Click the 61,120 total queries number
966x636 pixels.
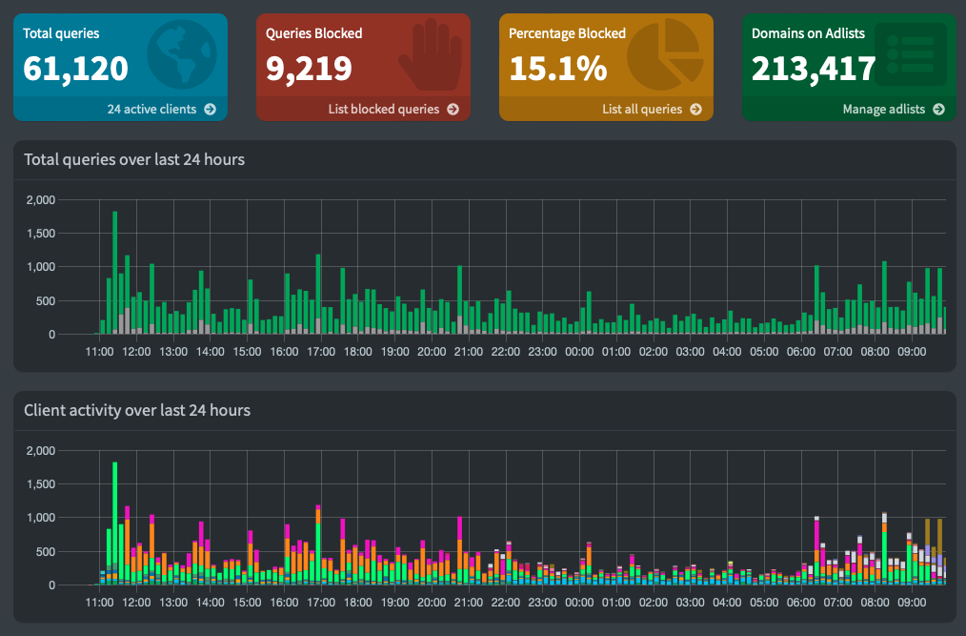click(76, 69)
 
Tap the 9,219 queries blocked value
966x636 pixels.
click(309, 69)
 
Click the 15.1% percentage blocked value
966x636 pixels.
click(557, 69)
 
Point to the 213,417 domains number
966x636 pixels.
click(813, 69)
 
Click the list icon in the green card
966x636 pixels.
click(912, 55)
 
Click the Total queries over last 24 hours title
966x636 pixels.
click(134, 160)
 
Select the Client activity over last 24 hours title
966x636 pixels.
click(137, 411)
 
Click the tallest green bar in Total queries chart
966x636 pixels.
click(115, 272)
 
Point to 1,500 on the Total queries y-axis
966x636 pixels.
click(42, 234)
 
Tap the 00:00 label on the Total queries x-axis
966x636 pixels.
click(579, 352)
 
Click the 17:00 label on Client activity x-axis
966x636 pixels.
click(321, 603)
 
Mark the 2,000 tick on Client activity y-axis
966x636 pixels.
click(42, 451)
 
